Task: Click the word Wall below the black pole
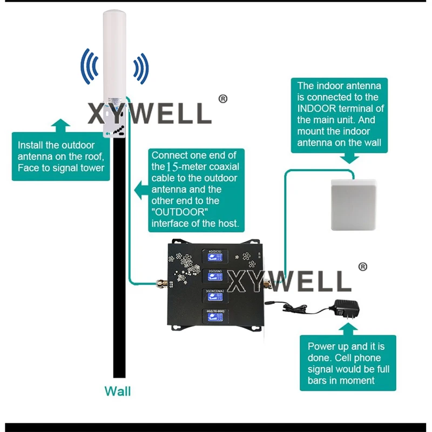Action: pos(117,391)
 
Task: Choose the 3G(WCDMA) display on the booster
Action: pos(215,296)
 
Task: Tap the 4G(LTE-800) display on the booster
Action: pos(215,316)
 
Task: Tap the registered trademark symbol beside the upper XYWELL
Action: pos(223,99)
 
